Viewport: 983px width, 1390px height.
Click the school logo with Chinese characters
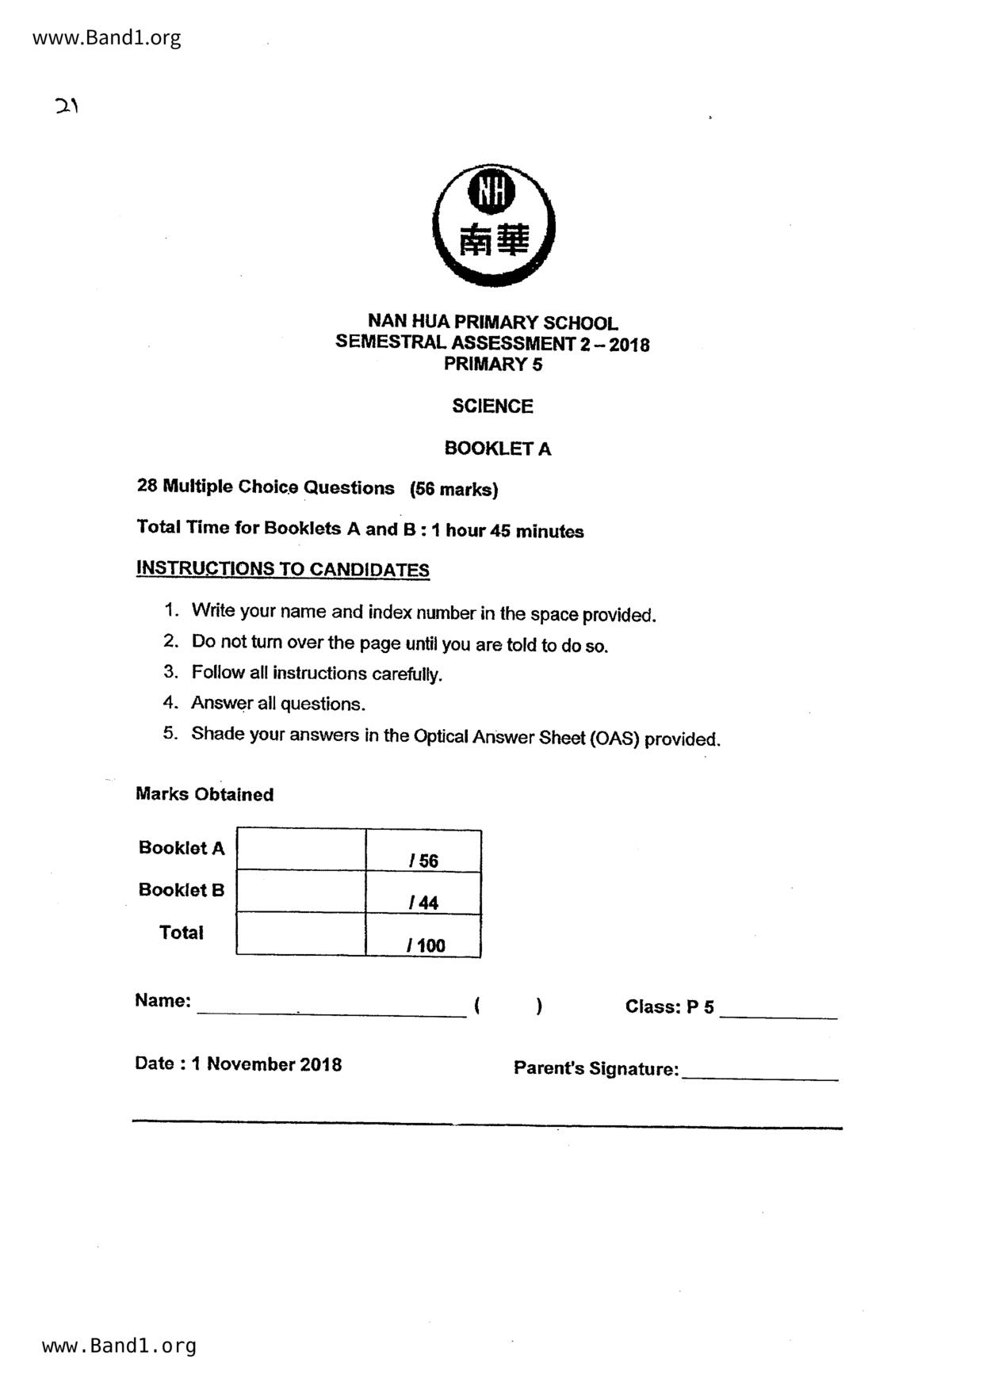pos(493,226)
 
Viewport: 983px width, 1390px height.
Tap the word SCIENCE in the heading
pos(492,407)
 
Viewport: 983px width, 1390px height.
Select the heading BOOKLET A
pos(497,449)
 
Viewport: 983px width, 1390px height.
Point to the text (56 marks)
pos(453,490)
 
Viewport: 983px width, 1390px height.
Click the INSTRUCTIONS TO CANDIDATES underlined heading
pos(283,569)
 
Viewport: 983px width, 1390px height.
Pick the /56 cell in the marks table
pos(423,852)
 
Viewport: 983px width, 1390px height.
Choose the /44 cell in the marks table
pos(423,894)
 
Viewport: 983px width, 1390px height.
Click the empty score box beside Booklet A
pos(301,850)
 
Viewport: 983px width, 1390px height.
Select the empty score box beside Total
pos(301,934)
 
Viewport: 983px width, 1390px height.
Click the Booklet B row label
pos(182,890)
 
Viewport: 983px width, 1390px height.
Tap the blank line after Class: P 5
pos(778,1011)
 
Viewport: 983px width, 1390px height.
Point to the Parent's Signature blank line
pos(759,1072)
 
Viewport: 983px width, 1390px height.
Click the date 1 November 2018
pos(266,1064)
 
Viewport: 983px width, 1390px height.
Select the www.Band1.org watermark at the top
pos(106,38)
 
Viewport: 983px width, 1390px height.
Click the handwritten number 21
pos(67,106)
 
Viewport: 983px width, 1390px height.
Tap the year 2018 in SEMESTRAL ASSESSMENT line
pos(629,345)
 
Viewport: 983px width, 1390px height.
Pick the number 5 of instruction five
pos(170,733)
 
